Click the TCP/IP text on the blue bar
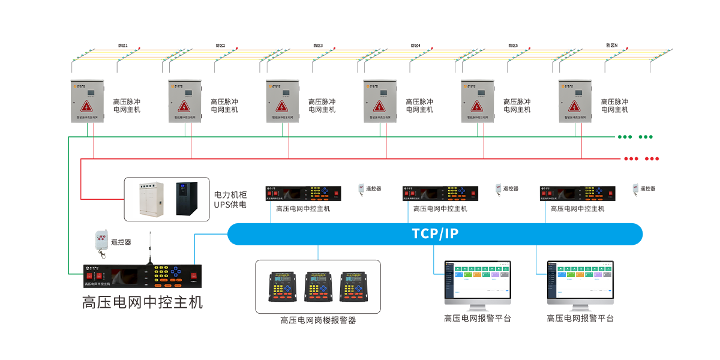[435, 233]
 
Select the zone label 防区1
[123, 46]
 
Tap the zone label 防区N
[611, 46]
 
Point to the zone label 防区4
[416, 46]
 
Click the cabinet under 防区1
[88, 101]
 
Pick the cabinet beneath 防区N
[575, 101]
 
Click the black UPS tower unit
[186, 199]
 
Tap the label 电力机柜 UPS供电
[230, 200]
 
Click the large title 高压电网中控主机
[142, 301]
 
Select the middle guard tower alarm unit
[317, 286]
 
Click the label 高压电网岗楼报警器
[318, 320]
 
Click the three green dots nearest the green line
[625, 137]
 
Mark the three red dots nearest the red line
[631, 159]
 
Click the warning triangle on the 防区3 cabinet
[282, 107]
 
